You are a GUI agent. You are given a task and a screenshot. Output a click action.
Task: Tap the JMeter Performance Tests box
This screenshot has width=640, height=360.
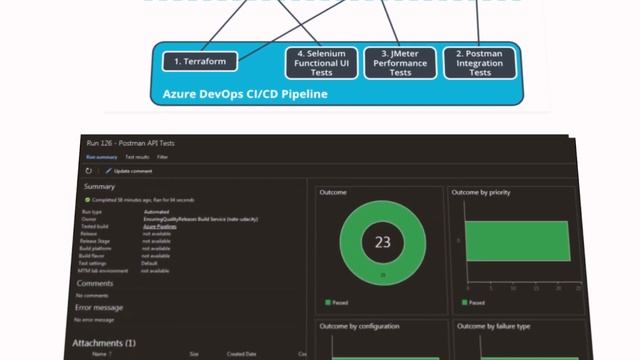400,62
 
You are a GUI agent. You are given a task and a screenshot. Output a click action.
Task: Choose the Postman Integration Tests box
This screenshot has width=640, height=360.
480,62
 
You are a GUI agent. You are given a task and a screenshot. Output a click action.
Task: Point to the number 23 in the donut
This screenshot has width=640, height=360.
382,242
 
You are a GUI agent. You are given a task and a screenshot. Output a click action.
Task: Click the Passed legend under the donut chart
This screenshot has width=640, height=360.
337,301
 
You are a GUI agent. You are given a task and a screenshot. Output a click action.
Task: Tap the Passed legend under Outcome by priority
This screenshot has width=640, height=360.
474,301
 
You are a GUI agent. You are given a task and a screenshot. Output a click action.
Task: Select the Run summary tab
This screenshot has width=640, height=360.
101,157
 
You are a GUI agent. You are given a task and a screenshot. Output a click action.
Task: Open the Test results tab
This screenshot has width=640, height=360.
135,157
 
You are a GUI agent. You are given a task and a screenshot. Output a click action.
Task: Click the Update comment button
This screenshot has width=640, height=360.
131,171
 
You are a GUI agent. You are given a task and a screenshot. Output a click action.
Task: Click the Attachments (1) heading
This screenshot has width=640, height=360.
104,343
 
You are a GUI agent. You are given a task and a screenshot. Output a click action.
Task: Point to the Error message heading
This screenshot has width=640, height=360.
100,307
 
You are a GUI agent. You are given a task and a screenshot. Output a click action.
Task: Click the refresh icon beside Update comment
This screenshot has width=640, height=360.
89,171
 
